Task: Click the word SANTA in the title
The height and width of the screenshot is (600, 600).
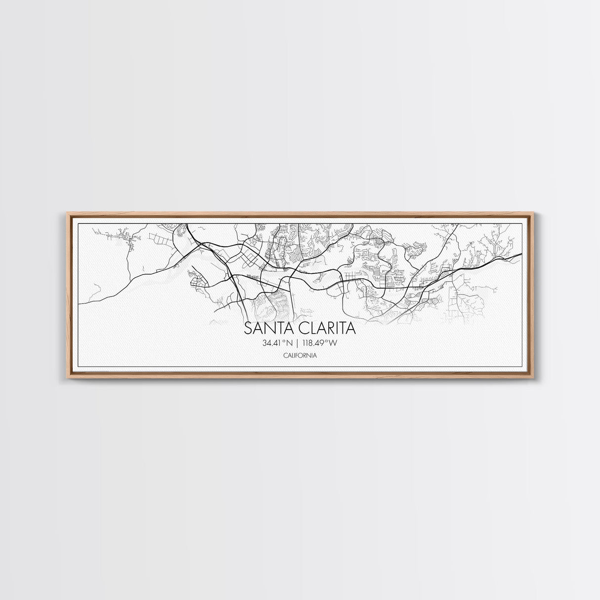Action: pyautogui.click(x=267, y=329)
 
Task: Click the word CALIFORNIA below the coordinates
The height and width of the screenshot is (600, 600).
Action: pyautogui.click(x=300, y=355)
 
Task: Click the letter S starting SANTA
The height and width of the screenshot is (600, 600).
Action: pyautogui.click(x=249, y=329)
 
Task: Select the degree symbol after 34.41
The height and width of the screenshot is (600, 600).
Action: pyautogui.click(x=283, y=341)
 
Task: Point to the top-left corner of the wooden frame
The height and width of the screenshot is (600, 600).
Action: pyautogui.click(x=67, y=213)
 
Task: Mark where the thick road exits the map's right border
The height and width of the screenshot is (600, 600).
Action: pyautogui.click(x=522, y=255)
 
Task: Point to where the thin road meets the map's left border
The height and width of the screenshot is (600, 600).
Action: pyautogui.click(x=80, y=302)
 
